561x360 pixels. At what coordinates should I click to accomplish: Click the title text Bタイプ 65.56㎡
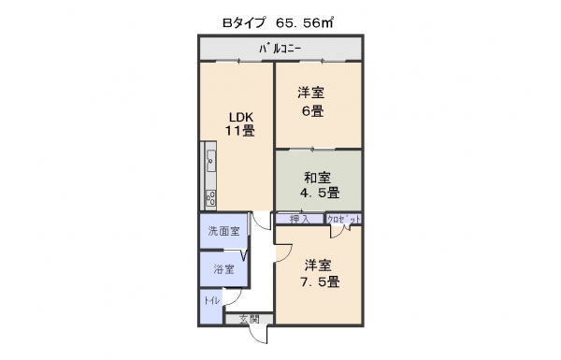click(x=278, y=23)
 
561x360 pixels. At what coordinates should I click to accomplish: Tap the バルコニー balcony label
click(x=280, y=49)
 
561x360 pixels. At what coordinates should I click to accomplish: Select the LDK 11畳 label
click(x=240, y=123)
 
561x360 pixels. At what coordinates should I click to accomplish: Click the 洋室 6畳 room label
click(x=311, y=102)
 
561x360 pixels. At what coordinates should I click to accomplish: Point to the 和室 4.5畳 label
click(x=320, y=185)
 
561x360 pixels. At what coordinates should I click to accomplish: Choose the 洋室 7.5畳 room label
click(x=320, y=273)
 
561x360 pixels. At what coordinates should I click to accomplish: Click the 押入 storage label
click(x=299, y=219)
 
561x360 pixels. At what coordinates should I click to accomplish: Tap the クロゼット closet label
click(x=344, y=220)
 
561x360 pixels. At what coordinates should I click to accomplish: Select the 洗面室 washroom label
click(x=224, y=232)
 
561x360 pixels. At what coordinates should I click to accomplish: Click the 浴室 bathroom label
click(x=224, y=269)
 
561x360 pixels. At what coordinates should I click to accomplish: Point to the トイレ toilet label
click(x=212, y=300)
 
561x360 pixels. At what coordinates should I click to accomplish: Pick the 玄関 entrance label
click(x=250, y=319)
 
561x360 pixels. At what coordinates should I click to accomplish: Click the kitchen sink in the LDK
click(x=210, y=160)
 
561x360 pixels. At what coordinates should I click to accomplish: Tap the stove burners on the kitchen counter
click(x=210, y=197)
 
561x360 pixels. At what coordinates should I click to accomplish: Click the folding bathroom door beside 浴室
click(x=244, y=256)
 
